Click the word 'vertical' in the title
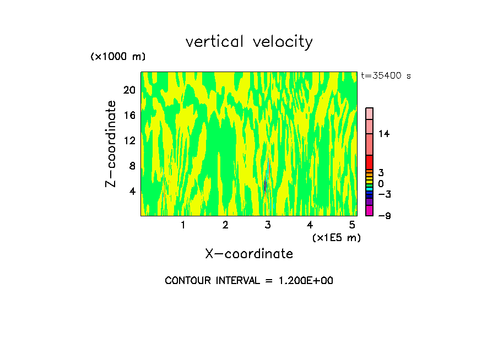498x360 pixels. click(x=215, y=42)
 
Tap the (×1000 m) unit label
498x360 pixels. click(x=118, y=57)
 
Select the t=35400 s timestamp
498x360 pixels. click(x=386, y=76)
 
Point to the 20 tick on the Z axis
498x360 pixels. click(x=129, y=90)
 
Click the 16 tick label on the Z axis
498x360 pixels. click(x=129, y=115)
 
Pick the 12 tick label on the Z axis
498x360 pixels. click(x=129, y=140)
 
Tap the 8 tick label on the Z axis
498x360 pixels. click(x=132, y=166)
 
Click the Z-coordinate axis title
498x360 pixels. click(x=111, y=144)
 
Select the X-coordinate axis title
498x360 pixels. click(x=249, y=254)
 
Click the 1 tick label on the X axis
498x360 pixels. click(x=183, y=225)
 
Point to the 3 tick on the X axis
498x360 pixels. click(x=268, y=225)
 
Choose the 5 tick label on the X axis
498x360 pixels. click(x=352, y=225)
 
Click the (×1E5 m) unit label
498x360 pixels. click(x=337, y=237)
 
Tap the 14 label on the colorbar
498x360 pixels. click(x=383, y=134)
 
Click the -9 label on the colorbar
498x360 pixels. click(x=385, y=216)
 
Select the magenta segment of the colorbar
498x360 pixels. click(x=370, y=210)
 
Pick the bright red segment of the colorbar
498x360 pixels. click(x=370, y=162)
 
